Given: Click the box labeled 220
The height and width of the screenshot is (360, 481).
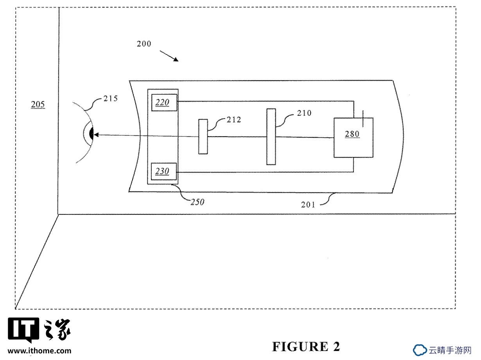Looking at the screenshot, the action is click(x=164, y=103).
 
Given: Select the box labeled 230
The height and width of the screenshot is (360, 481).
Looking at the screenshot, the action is click(x=164, y=171).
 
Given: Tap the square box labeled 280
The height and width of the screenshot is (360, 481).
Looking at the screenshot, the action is click(x=354, y=138).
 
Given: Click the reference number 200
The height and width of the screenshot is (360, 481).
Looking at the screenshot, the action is click(x=144, y=44).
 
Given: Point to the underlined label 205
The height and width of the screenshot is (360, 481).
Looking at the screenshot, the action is click(x=38, y=104).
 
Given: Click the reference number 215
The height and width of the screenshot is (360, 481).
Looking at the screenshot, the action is click(x=110, y=99).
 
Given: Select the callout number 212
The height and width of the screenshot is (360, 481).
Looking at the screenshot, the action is click(x=234, y=120).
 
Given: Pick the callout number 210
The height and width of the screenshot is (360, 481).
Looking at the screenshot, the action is click(x=304, y=113).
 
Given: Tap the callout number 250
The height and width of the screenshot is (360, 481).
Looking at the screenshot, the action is click(x=197, y=202).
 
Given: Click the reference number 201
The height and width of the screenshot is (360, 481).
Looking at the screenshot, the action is click(x=308, y=205).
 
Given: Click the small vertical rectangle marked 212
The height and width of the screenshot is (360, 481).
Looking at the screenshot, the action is click(x=203, y=137).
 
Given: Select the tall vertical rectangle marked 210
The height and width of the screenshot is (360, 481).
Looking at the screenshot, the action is click(x=271, y=137).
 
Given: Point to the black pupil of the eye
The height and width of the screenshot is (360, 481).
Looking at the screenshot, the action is click(x=92, y=133).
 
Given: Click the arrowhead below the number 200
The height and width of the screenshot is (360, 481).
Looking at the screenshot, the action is click(x=176, y=59).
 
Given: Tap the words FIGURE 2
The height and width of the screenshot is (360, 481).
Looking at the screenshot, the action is click(x=306, y=346).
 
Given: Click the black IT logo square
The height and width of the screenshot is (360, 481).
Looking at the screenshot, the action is click(x=23, y=329).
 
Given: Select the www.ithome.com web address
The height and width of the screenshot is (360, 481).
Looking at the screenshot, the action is click(x=39, y=351).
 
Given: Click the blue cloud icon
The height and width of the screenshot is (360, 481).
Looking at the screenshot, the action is click(x=420, y=350).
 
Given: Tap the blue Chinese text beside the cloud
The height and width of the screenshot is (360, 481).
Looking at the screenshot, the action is click(x=450, y=350).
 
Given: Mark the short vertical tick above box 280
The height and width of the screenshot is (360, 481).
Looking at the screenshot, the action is click(x=363, y=119).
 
